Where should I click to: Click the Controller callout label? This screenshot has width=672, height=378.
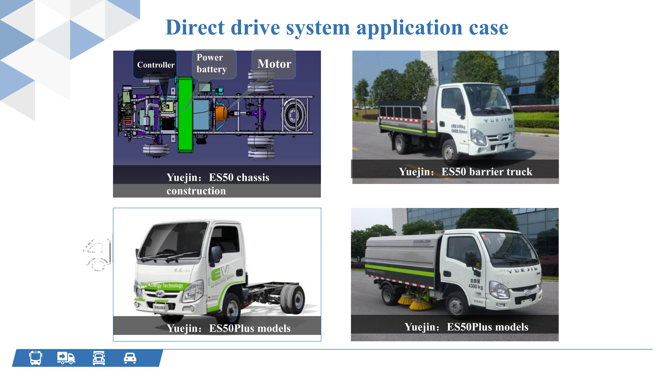tap(156, 65)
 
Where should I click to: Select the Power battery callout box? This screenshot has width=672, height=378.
tap(214, 64)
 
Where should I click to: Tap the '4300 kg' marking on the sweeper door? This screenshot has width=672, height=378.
tap(475, 286)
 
